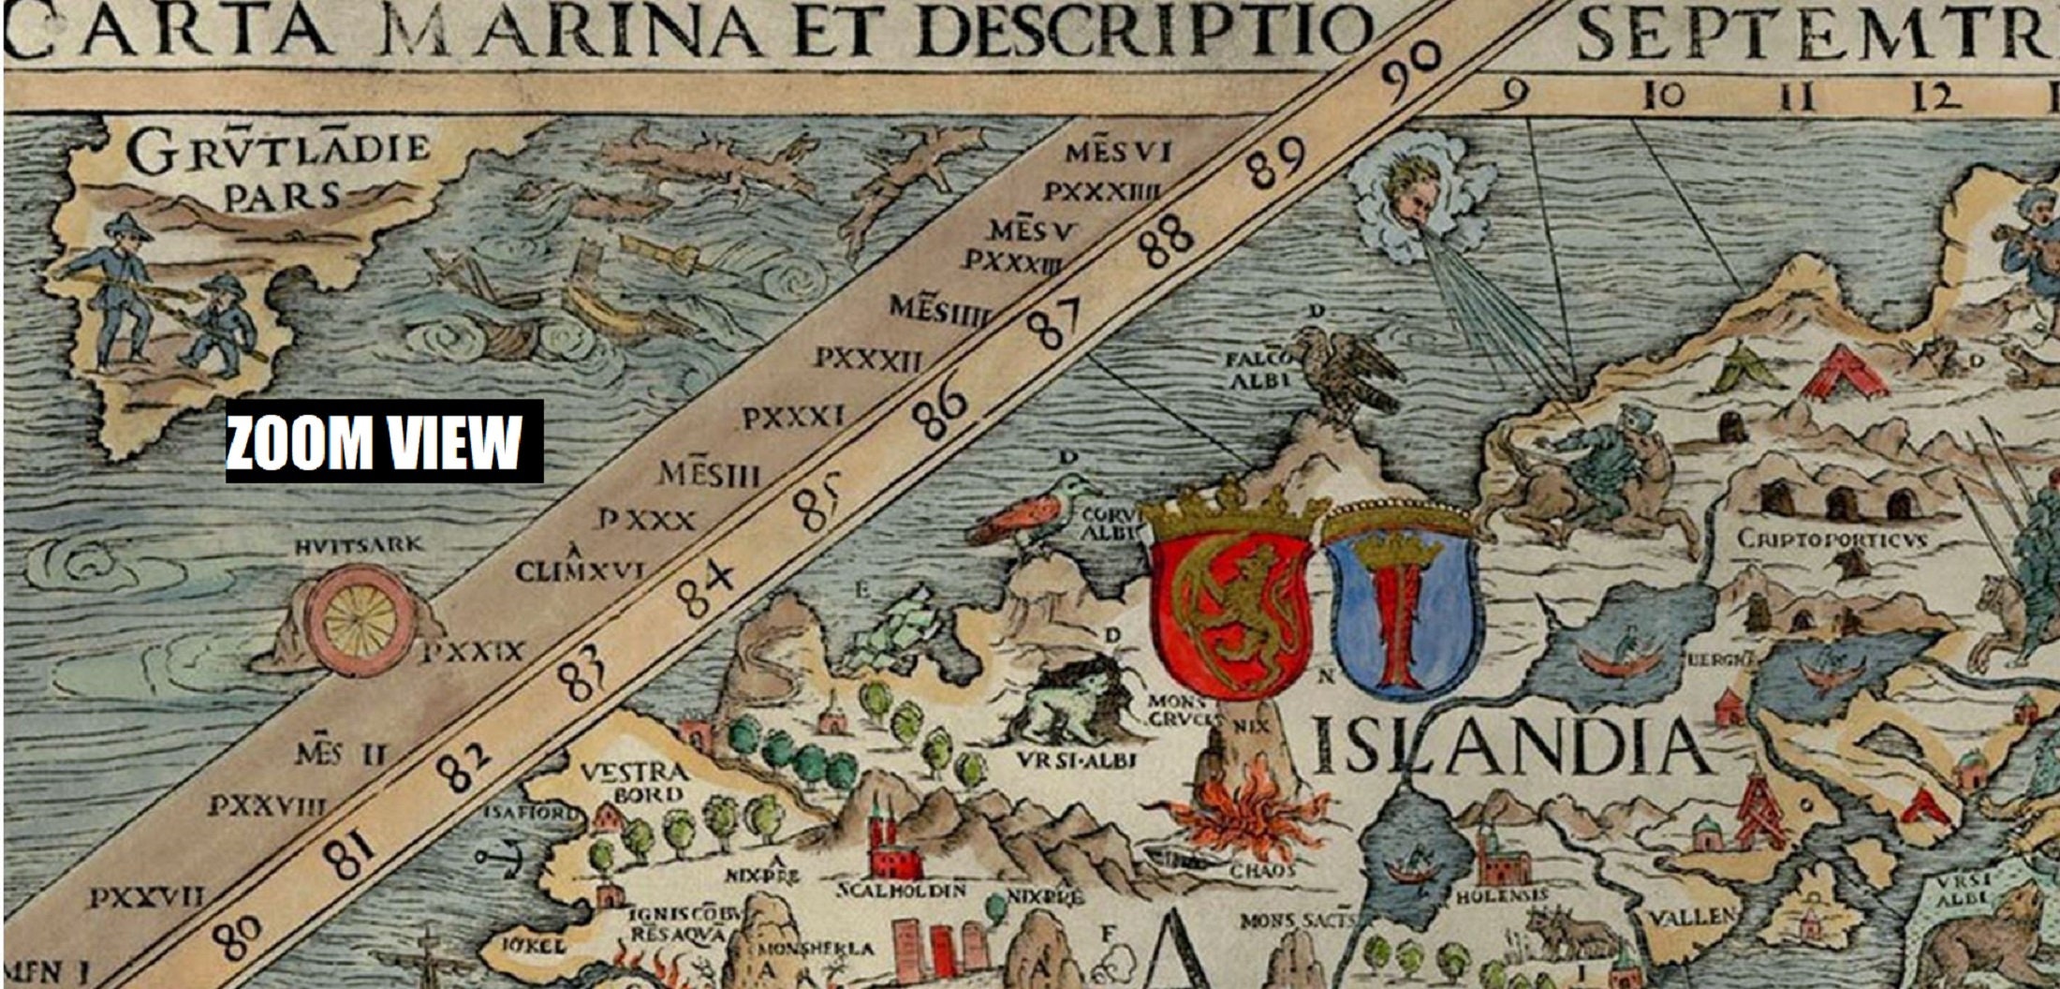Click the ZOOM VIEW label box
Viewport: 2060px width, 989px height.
(384, 441)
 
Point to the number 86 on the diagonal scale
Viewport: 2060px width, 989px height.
(941, 413)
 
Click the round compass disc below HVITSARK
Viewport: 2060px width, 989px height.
(360, 618)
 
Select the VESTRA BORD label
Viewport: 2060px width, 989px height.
(634, 783)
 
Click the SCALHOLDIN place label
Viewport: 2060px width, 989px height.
(901, 890)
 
